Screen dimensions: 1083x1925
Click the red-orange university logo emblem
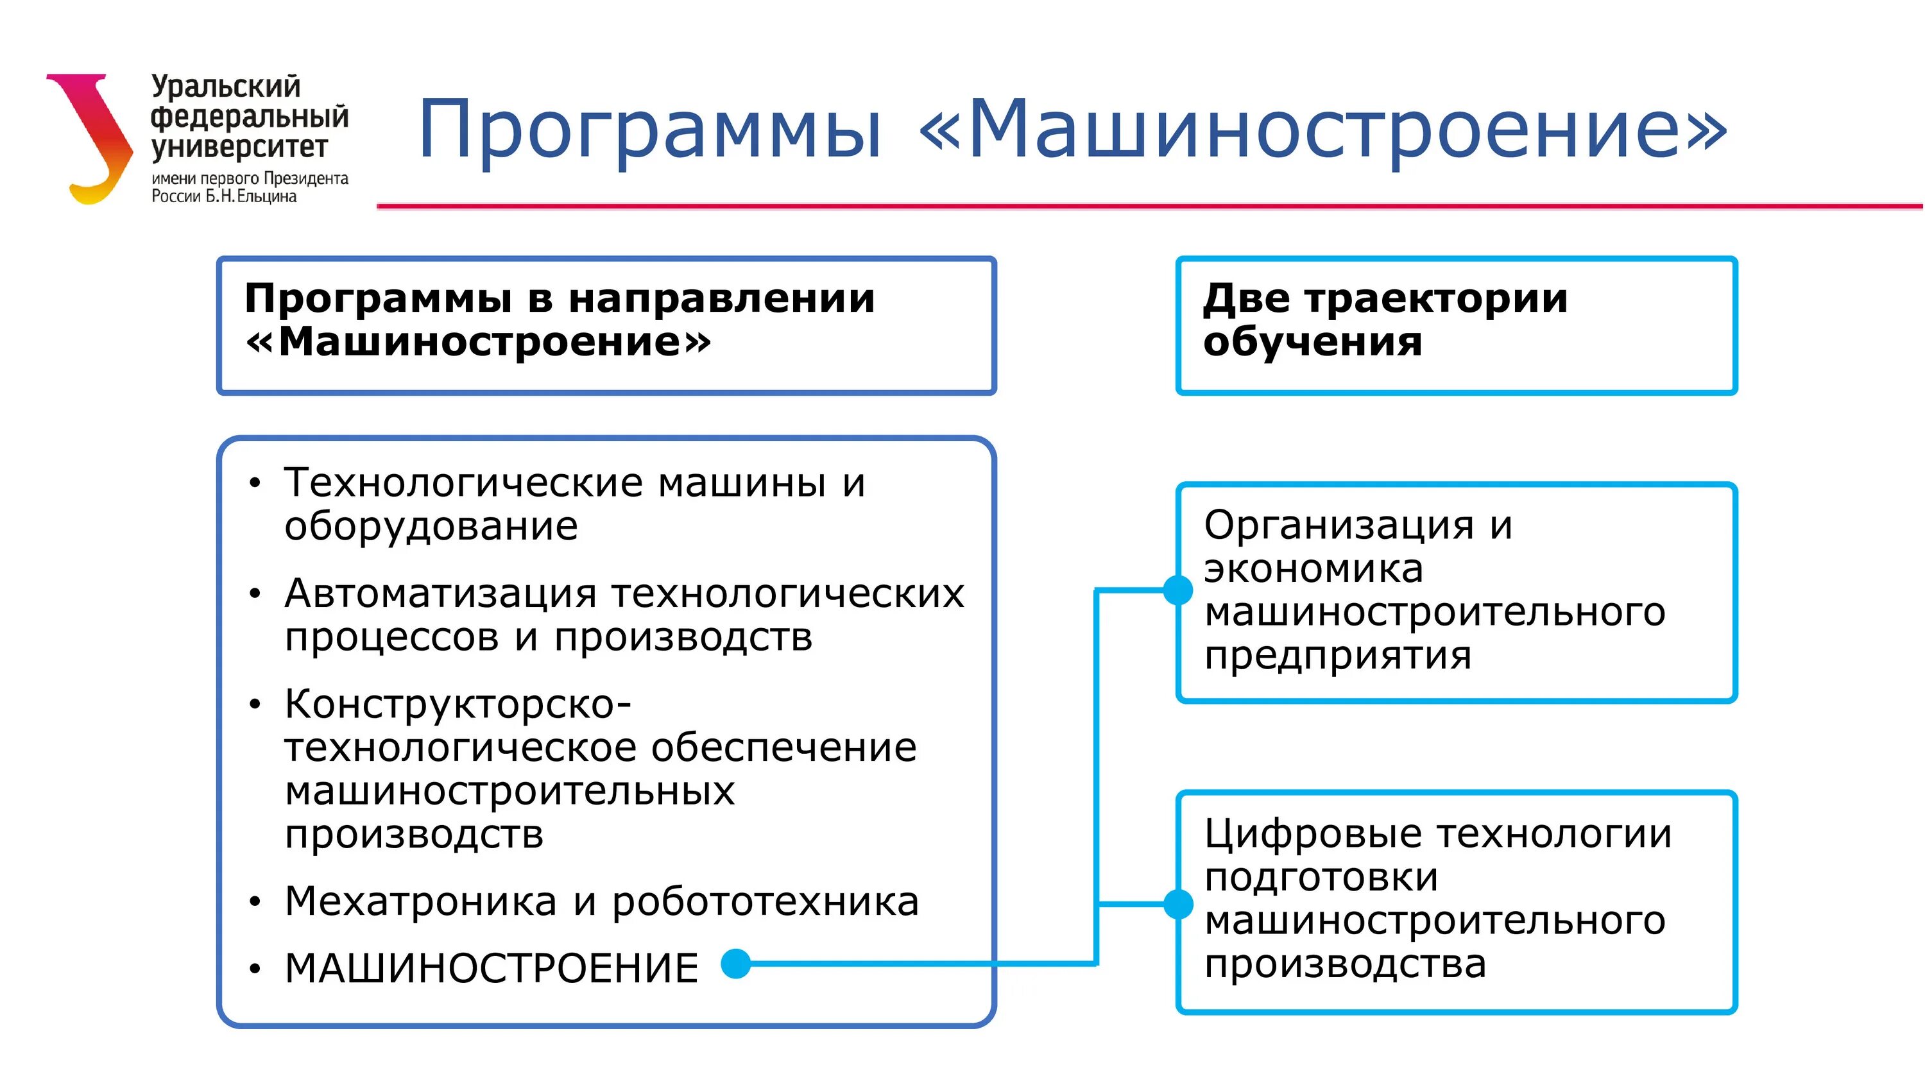click(x=94, y=139)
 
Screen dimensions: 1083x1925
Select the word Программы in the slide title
click(x=650, y=132)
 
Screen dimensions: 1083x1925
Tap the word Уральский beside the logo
click(x=226, y=87)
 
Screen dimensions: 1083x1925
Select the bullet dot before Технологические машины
click(x=255, y=483)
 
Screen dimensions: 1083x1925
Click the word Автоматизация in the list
click(x=440, y=594)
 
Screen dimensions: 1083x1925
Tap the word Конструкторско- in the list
click(x=458, y=704)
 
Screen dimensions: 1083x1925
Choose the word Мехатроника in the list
click(x=421, y=901)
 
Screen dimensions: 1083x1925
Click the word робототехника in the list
click(x=766, y=901)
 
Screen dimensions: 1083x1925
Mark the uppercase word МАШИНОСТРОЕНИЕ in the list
click(x=492, y=969)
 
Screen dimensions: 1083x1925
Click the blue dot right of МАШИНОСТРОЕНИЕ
click(x=736, y=964)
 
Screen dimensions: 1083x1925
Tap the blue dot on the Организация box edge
click(x=1179, y=590)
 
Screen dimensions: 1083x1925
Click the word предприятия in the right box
click(x=1338, y=656)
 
